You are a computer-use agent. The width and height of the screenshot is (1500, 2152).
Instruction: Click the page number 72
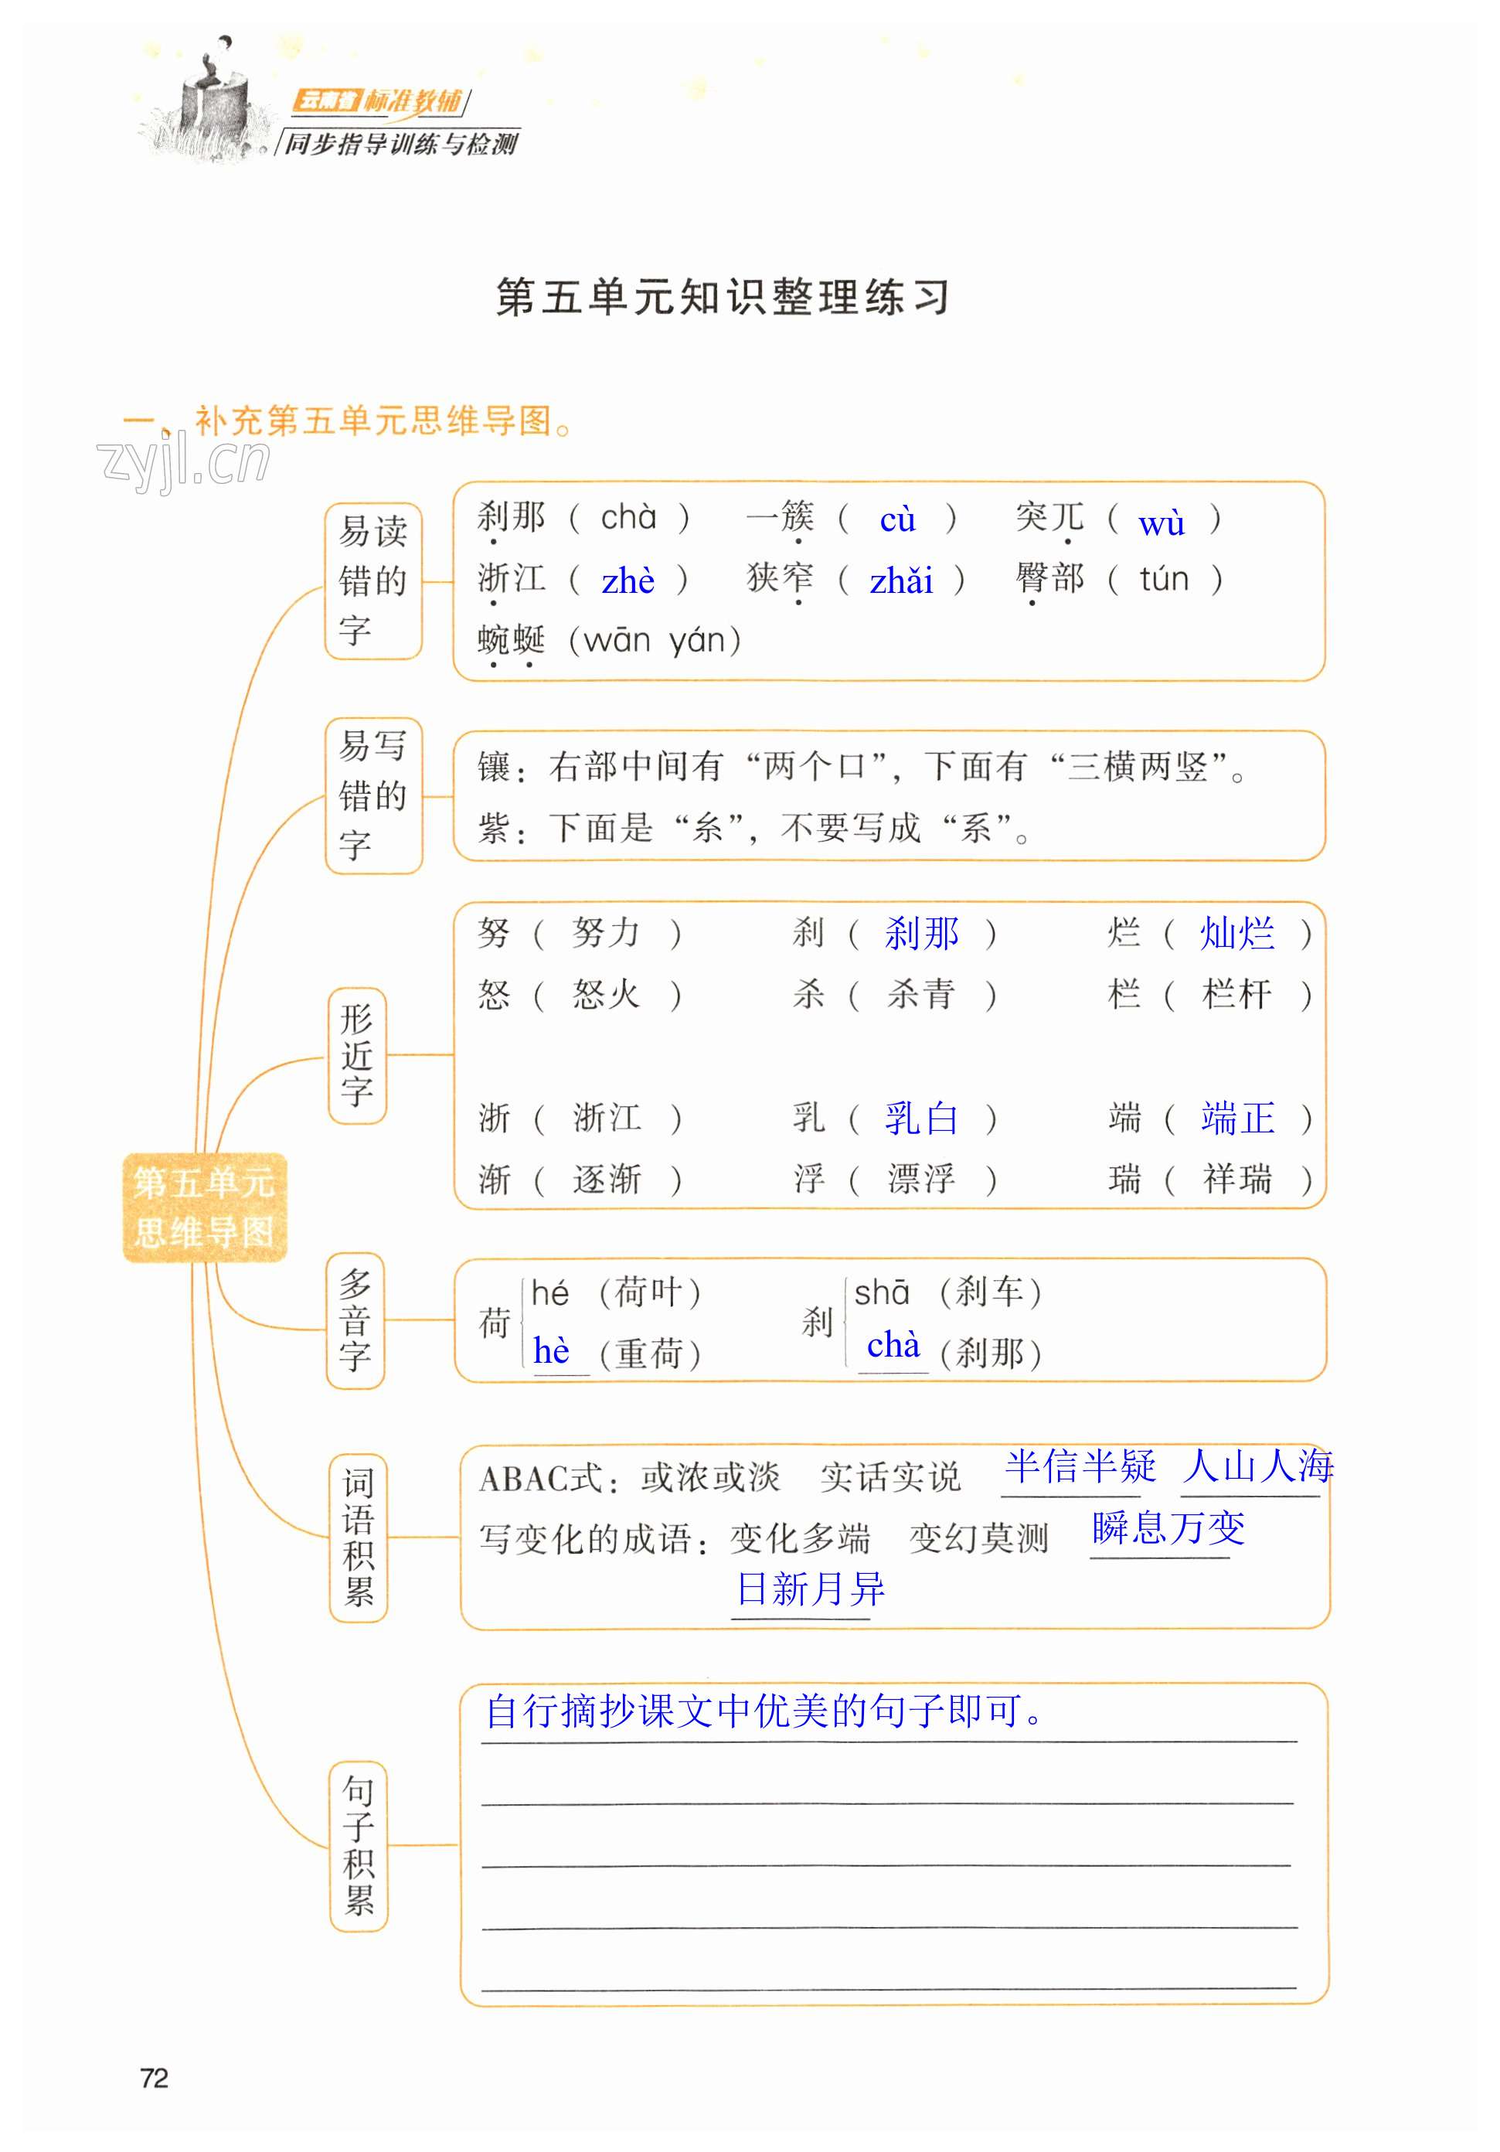click(x=154, y=2078)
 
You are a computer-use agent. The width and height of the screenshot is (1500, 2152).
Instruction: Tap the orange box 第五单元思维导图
click(x=203, y=1207)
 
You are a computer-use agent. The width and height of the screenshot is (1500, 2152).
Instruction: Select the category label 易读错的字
click(x=373, y=581)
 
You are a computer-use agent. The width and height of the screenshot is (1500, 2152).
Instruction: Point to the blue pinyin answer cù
click(x=896, y=520)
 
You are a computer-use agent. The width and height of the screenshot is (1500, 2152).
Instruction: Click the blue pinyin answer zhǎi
click(x=900, y=582)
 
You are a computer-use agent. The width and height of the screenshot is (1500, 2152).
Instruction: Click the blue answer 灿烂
click(x=1236, y=934)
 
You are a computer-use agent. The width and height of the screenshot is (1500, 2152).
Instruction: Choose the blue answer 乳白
click(x=921, y=1119)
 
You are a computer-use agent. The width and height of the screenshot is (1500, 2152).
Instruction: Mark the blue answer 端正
click(x=1236, y=1119)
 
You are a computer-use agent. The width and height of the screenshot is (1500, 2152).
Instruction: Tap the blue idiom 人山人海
click(x=1257, y=1466)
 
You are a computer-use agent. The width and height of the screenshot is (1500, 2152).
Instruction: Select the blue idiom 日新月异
click(x=811, y=1589)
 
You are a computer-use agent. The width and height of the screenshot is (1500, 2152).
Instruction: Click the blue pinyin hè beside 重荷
click(x=551, y=1351)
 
